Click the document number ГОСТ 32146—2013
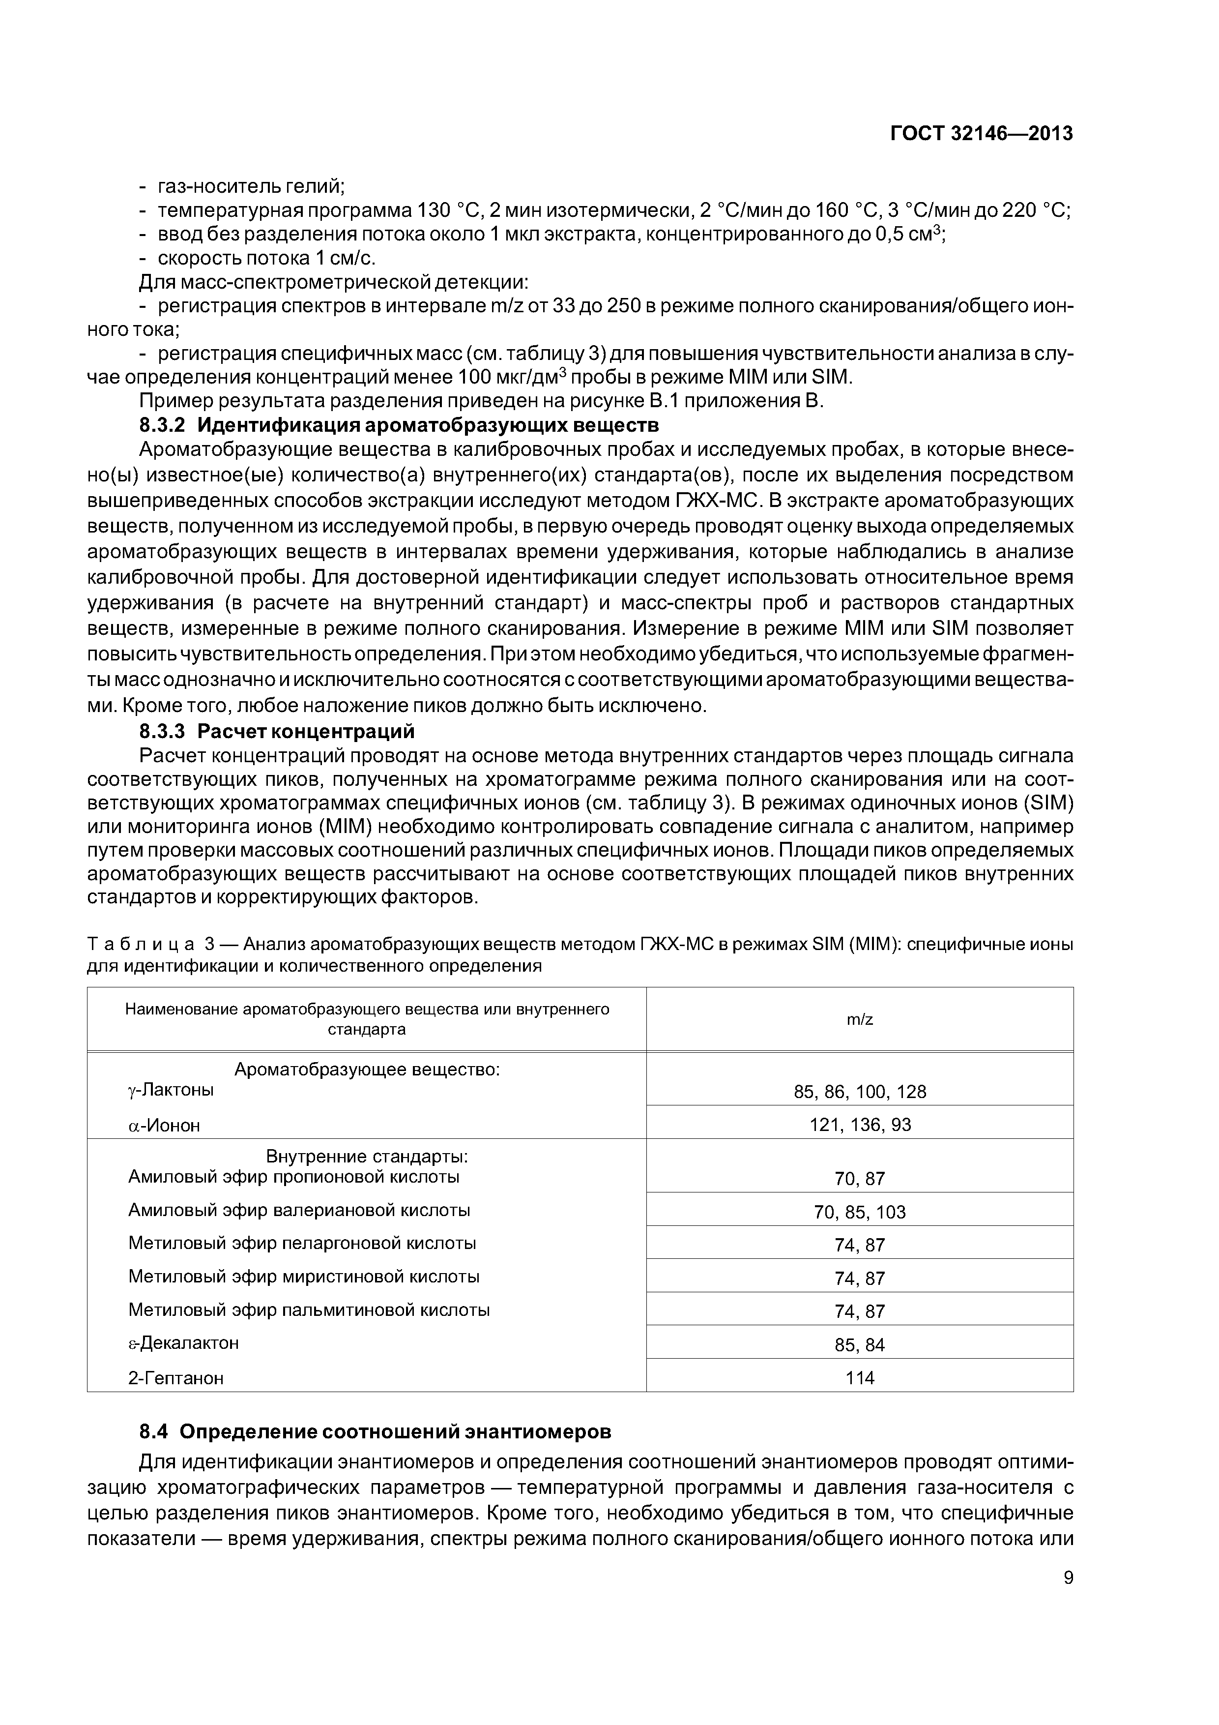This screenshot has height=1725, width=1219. tap(981, 134)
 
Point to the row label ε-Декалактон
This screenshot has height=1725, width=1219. tap(183, 1342)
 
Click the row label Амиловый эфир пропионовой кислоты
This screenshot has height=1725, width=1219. tap(293, 1177)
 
